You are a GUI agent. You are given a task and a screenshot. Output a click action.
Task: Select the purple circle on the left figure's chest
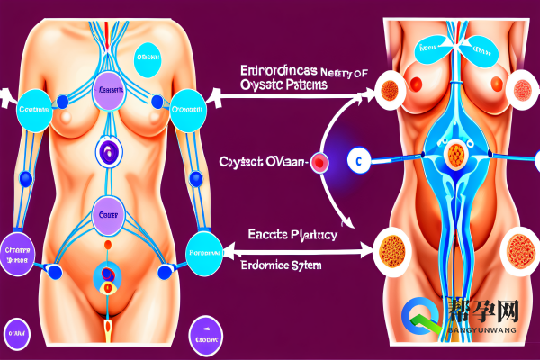[x=112, y=90]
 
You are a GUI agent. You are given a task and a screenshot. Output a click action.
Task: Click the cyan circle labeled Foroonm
[x=203, y=253]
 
